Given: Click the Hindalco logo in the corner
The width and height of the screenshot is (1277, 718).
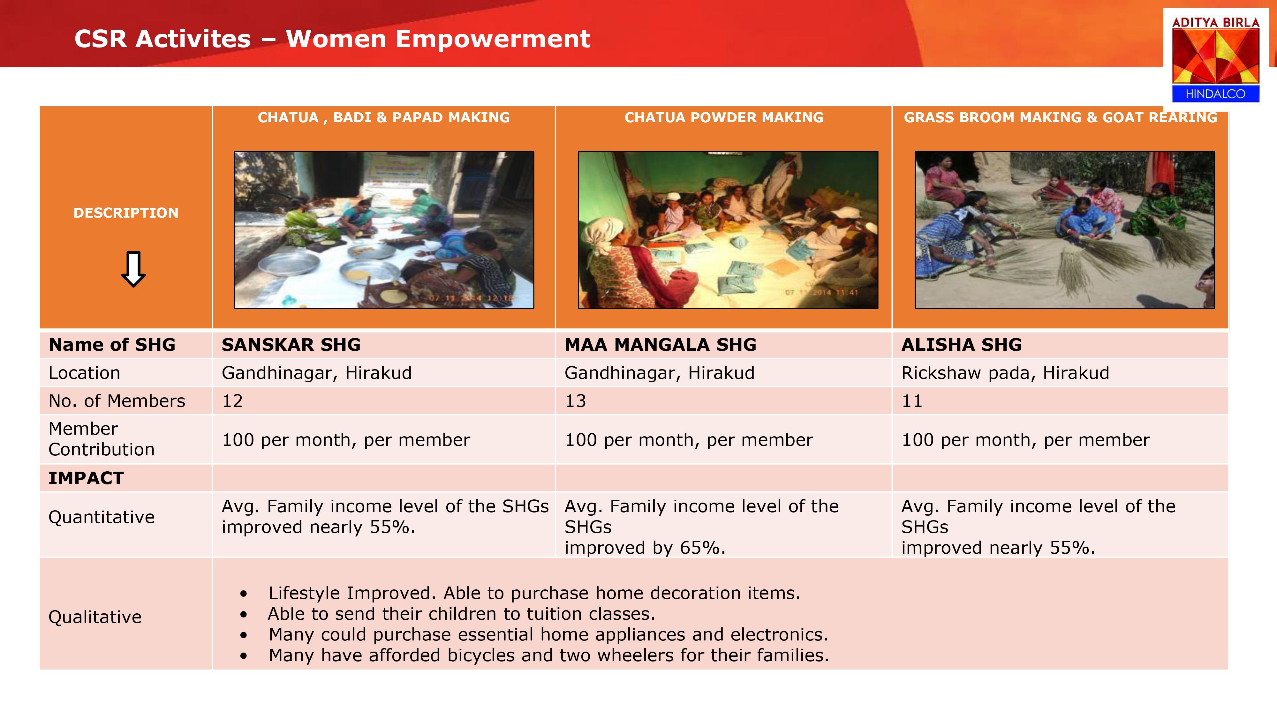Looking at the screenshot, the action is pos(1215,59).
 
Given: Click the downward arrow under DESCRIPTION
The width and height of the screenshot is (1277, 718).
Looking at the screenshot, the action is pos(133,269).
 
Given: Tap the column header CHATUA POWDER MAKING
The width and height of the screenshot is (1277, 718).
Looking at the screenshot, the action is pos(724,117).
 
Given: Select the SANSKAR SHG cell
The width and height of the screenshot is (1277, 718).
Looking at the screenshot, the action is pos(291,344).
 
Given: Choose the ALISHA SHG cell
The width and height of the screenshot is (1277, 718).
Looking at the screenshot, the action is pos(961,344).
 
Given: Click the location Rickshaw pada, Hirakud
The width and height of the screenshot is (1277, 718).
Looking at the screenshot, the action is pos(1005,373).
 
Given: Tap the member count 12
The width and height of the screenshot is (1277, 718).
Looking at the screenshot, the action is pos(232,401).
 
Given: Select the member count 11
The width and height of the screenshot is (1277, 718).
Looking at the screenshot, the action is pos(912,401).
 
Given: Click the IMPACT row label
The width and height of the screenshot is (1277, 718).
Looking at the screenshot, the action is pos(86,478).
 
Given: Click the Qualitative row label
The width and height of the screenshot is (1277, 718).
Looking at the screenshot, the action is pos(95,617).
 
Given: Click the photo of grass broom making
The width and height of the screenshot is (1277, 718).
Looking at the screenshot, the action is pos(1064,230).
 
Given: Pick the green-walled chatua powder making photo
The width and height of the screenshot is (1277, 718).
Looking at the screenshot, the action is pos(728,230).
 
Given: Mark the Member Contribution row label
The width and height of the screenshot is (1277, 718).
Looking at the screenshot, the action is pos(102,439).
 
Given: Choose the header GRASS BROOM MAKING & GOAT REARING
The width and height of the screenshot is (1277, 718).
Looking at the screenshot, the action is pos(1060,117).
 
